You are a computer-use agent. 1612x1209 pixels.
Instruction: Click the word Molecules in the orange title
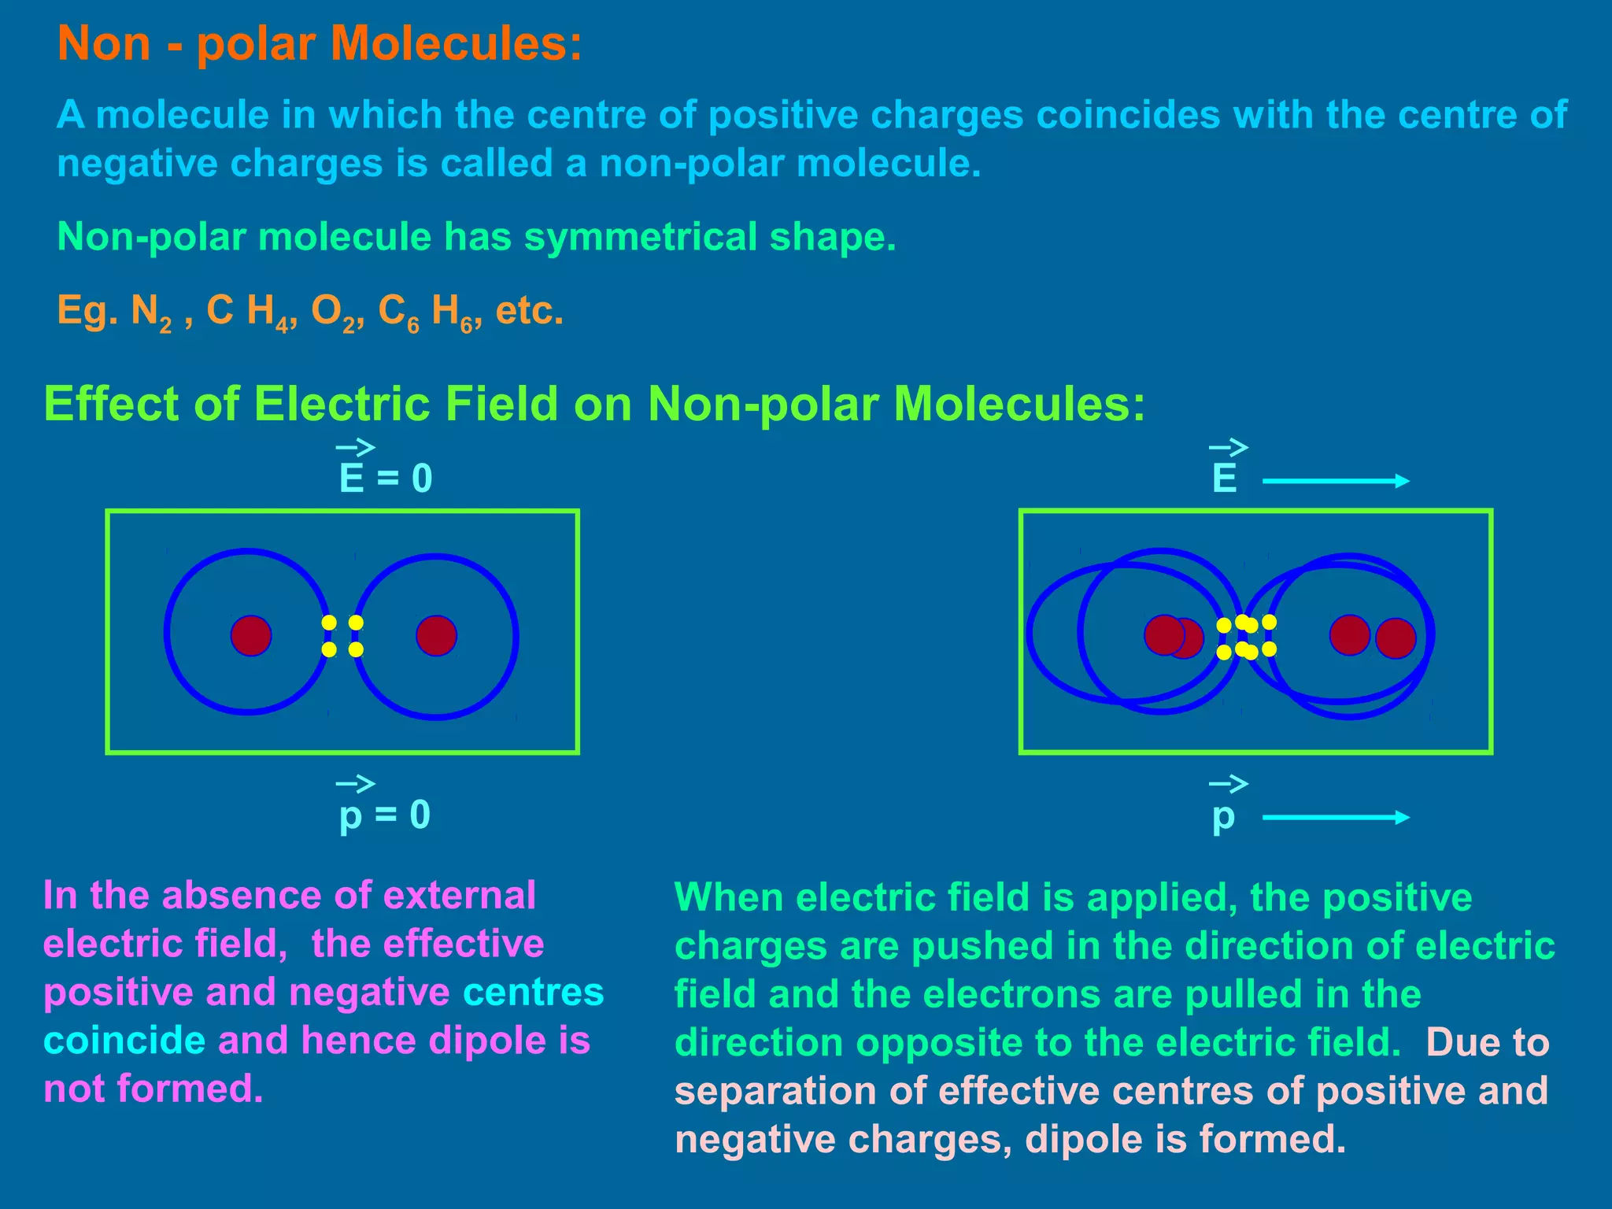coord(461,43)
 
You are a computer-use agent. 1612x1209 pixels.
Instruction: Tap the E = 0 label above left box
coord(385,478)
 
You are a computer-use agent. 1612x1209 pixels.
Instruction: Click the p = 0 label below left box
coord(384,815)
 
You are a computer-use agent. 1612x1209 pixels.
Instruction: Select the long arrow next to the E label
coord(1335,481)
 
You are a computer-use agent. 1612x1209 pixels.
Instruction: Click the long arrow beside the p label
coord(1335,818)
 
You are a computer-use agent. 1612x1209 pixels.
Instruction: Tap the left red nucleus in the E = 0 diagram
coord(251,635)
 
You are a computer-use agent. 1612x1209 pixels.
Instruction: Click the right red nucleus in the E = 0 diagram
coord(436,635)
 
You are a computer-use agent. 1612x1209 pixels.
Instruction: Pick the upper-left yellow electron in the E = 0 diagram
coord(329,623)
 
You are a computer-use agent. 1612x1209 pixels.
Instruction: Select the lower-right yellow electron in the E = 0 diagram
coord(356,649)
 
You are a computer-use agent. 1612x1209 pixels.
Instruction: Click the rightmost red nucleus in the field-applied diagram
coord(1396,638)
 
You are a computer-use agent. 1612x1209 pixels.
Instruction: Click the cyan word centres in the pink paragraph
coord(533,993)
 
